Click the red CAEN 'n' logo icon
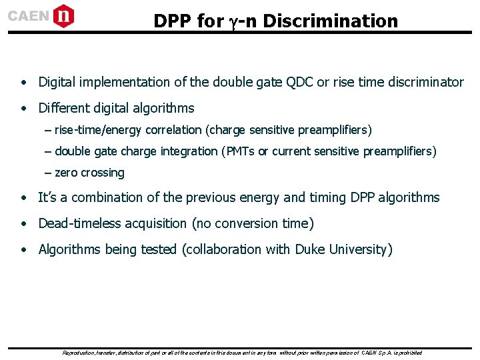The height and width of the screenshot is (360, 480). [x=63, y=15]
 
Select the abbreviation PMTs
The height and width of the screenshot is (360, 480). [x=239, y=151]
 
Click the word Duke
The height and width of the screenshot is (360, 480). [x=309, y=249]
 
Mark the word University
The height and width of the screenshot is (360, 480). [x=359, y=249]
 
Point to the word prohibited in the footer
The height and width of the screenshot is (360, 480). [x=409, y=352]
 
